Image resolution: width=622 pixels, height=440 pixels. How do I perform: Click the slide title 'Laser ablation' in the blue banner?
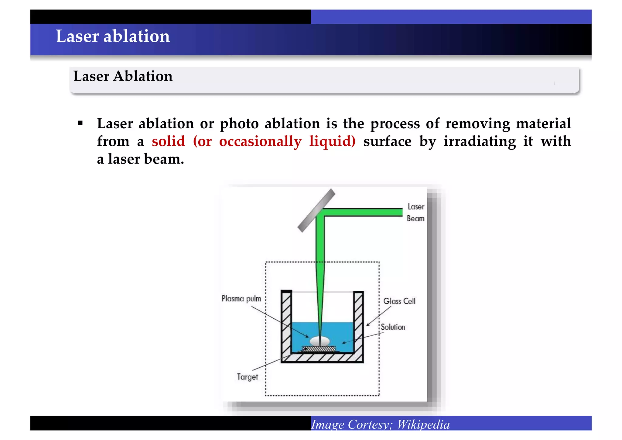[x=113, y=36]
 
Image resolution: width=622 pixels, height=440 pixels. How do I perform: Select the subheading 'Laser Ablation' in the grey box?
[x=123, y=76]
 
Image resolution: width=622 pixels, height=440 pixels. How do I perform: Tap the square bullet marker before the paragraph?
[x=80, y=123]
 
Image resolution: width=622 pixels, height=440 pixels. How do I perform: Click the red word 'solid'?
[x=168, y=141]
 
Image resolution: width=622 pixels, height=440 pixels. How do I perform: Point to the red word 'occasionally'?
[x=260, y=141]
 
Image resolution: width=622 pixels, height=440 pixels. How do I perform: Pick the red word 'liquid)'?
[x=332, y=141]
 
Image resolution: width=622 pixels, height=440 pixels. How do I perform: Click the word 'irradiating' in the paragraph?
[x=480, y=141]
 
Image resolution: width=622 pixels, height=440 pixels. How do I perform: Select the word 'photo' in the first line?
[x=239, y=124]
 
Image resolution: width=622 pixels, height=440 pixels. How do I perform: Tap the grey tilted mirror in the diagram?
[x=316, y=210]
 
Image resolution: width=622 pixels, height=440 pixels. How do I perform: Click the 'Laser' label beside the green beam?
[x=415, y=207]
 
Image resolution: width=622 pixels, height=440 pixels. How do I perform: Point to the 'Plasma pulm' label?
[x=241, y=299]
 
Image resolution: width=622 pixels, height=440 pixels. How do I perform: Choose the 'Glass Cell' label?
[x=399, y=301]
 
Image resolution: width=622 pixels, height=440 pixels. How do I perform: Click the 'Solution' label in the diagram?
[x=393, y=327]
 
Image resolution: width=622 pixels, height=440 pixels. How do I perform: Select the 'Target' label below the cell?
[x=247, y=377]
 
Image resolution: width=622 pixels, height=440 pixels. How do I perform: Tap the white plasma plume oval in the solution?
[x=320, y=341]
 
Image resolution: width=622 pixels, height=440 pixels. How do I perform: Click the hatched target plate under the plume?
[x=319, y=349]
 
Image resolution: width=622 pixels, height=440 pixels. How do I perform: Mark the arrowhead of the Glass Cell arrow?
[x=367, y=325]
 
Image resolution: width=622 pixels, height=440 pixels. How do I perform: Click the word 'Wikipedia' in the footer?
[x=423, y=424]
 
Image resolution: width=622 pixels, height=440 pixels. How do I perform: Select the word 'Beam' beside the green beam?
[x=415, y=219]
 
